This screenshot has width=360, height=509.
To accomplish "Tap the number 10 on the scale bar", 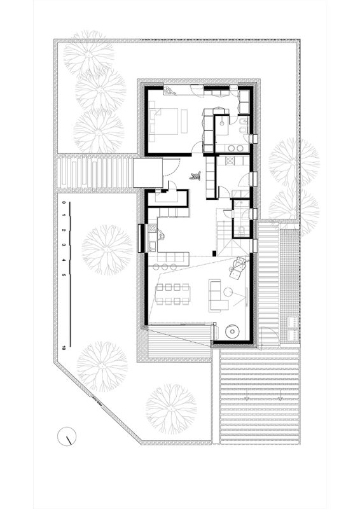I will (x=65, y=347).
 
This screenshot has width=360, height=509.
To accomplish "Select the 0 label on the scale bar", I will (x=64, y=203).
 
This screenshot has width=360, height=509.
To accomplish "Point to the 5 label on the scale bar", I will (x=64, y=275).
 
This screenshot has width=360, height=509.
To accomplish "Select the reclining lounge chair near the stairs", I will (x=238, y=267).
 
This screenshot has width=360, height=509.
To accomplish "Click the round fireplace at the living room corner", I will (x=231, y=331).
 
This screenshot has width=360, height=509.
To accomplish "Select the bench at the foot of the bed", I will (x=184, y=120).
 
